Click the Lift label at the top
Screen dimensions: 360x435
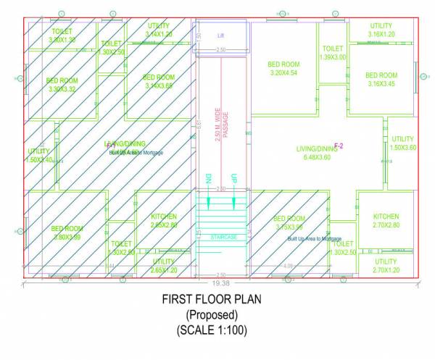222,35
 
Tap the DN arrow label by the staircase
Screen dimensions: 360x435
207,177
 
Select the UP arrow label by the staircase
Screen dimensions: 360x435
233,177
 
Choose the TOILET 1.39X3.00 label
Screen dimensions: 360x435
333,53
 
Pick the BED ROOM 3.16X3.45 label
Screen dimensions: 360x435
381,80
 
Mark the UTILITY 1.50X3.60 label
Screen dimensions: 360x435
402,143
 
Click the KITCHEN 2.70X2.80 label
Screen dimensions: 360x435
386,221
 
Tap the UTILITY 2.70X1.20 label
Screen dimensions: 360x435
386,265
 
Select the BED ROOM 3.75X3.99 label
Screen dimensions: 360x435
289,223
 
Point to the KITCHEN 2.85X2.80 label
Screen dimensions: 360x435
163,221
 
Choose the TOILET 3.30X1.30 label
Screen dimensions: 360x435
62,35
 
